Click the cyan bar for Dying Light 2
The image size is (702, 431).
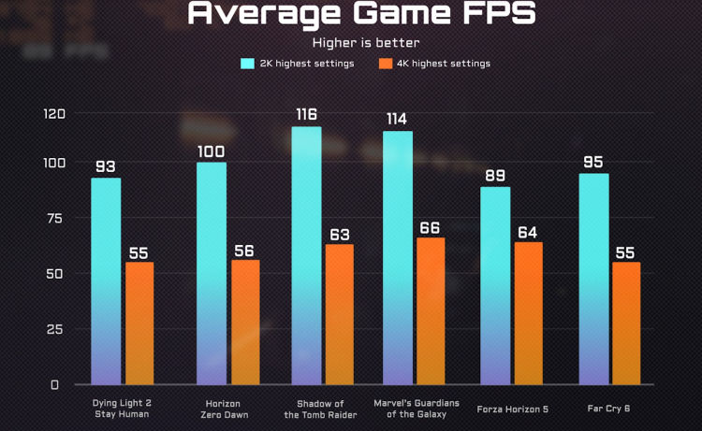coord(106,280)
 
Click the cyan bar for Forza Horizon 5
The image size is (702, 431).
coord(495,285)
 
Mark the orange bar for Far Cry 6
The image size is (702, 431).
coord(626,323)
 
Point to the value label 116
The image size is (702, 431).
coord(306,114)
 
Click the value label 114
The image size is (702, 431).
coord(397,119)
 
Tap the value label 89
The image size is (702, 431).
coord(495,175)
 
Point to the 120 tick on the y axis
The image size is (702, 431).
coord(54,114)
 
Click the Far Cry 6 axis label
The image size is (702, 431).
coord(607,408)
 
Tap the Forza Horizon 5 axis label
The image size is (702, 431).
coord(511,408)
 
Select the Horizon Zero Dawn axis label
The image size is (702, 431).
coord(226,409)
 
